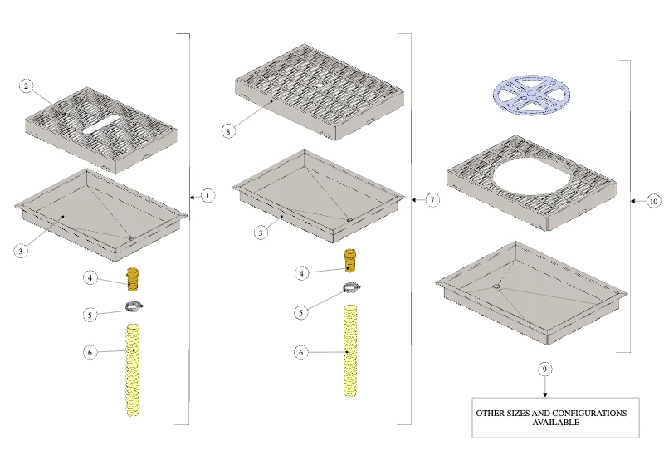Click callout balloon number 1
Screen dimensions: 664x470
click(207, 196)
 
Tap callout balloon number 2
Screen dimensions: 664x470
click(26, 86)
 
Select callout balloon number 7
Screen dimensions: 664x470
click(432, 199)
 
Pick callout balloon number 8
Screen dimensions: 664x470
click(227, 131)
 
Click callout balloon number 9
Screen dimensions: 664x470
click(544, 370)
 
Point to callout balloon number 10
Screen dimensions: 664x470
click(653, 201)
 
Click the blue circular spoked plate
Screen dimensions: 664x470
click(531, 95)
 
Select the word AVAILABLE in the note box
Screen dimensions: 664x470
click(555, 422)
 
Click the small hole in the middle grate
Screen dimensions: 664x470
click(319, 85)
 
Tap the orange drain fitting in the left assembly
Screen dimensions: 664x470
click(133, 279)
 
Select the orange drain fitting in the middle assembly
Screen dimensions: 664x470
click(350, 261)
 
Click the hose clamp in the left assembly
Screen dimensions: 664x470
click(134, 306)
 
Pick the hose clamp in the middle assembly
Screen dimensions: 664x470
click(351, 287)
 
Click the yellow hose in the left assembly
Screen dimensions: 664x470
click(133, 370)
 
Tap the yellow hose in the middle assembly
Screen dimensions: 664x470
click(350, 351)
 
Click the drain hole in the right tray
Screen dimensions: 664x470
click(496, 287)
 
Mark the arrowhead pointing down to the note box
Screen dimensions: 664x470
click(545, 395)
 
